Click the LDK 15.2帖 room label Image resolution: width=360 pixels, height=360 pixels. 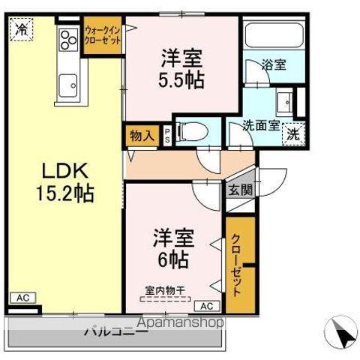click(x=66, y=182)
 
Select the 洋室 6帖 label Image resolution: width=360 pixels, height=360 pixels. click(x=174, y=250)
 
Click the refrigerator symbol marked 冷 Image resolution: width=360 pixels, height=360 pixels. click(x=22, y=31)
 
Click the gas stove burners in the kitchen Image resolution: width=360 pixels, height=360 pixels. click(x=68, y=38)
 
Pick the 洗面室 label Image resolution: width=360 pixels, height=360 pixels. click(x=259, y=127)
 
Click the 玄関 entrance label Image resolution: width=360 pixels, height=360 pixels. click(x=240, y=190)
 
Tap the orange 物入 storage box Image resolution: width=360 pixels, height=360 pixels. click(x=141, y=136)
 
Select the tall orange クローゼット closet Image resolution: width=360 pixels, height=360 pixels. click(x=240, y=264)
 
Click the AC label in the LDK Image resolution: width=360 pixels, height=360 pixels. click(x=23, y=298)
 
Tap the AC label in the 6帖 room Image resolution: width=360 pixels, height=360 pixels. click(x=207, y=305)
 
